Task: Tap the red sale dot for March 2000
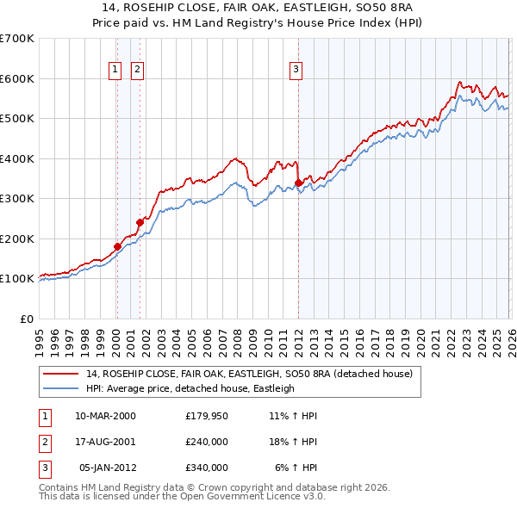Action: tap(117, 246)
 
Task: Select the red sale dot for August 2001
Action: tap(140, 222)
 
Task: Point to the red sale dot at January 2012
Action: tap(298, 183)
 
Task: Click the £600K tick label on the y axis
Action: tap(17, 78)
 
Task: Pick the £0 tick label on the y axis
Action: tap(28, 319)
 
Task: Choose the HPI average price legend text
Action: tap(190, 388)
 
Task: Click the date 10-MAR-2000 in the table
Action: tap(105, 416)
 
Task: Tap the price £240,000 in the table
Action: tap(206, 442)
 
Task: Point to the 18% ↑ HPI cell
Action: tap(294, 442)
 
